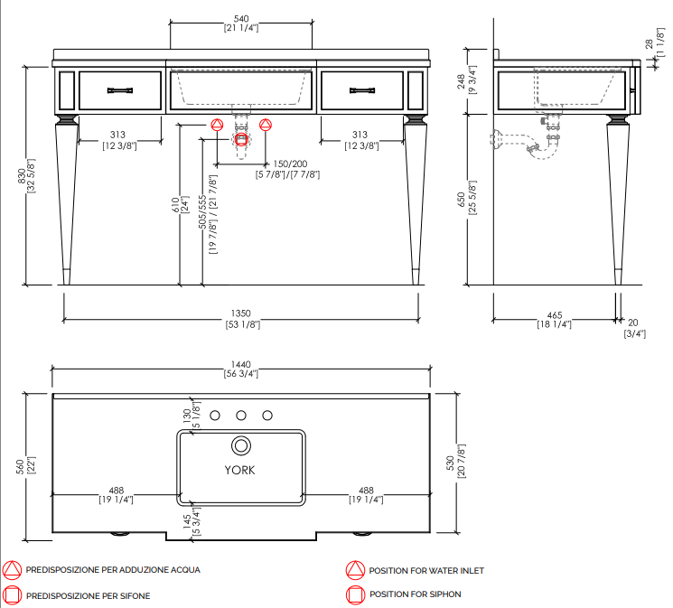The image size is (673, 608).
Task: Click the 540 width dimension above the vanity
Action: point(241,19)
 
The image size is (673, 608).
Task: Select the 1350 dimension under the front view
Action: point(241,313)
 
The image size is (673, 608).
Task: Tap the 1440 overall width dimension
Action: point(241,365)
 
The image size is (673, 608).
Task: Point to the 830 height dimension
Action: point(22,176)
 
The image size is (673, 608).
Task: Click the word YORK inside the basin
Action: point(239,470)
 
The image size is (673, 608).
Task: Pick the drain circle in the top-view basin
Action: point(241,445)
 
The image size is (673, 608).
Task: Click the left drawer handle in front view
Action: point(120,90)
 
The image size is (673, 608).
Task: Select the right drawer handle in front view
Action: point(362,90)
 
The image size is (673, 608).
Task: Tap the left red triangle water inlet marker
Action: point(217,125)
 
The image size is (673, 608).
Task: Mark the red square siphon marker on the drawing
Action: point(241,139)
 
